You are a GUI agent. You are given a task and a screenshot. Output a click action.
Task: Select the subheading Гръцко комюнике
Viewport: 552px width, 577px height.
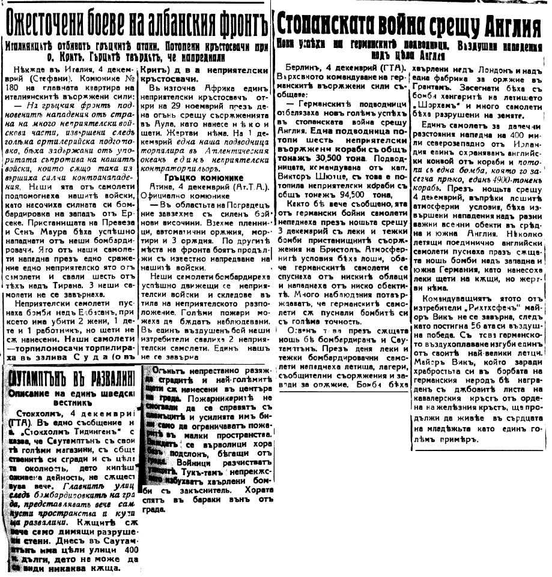(x=202, y=179)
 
